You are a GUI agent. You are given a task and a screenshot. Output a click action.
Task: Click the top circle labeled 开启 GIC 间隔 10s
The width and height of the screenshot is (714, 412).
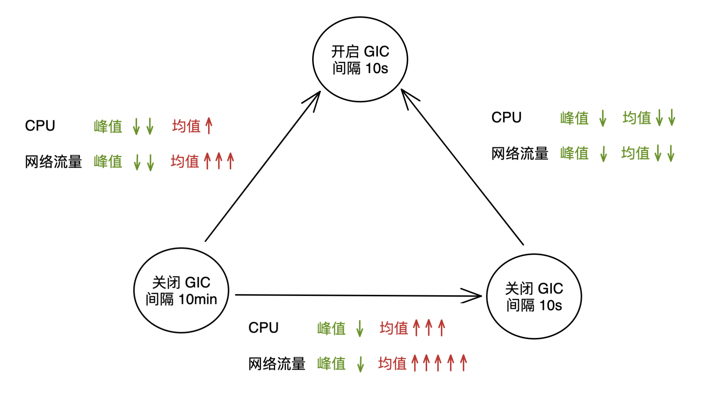coord(360,59)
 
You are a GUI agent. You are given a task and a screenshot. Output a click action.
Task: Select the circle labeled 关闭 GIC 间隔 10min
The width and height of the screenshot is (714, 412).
coord(181,290)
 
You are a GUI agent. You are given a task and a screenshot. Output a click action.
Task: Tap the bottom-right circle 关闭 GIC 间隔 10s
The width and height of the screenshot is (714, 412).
coord(534,296)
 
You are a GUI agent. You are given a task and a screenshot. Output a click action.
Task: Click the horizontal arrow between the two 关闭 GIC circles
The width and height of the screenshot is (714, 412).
coord(358,295)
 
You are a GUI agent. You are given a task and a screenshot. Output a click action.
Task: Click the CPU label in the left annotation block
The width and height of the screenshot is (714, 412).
coord(40,126)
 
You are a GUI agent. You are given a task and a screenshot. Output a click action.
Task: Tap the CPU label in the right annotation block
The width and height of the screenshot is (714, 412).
coord(506,117)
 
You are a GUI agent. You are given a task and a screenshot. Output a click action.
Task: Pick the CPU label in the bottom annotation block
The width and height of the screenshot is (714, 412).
coord(263,328)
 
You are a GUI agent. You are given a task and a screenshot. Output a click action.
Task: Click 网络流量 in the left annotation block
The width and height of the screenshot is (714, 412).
coord(53,162)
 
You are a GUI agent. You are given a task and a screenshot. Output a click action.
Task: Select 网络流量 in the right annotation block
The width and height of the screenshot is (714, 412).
coord(520,153)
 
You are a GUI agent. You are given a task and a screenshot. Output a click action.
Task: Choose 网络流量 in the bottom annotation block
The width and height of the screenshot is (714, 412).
coord(277,364)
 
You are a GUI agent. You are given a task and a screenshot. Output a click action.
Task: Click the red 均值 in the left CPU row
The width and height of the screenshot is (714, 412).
coord(186,126)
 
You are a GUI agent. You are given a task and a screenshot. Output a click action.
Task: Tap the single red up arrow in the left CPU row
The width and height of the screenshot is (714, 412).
coord(209,126)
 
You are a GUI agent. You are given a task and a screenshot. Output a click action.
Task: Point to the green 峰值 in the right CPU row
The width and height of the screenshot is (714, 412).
coord(574,118)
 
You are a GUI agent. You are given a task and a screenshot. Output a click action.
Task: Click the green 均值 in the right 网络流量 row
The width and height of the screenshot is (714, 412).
coord(635,153)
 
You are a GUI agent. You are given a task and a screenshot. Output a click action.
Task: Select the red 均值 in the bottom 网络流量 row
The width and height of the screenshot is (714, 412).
coord(392,363)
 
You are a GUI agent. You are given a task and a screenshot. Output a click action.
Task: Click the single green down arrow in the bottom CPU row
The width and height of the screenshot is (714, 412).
coord(360,328)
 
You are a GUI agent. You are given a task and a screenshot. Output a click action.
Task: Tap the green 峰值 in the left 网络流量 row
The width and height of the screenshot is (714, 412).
coord(108,162)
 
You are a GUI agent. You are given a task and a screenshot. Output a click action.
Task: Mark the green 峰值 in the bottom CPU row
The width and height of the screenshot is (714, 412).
coord(331,328)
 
